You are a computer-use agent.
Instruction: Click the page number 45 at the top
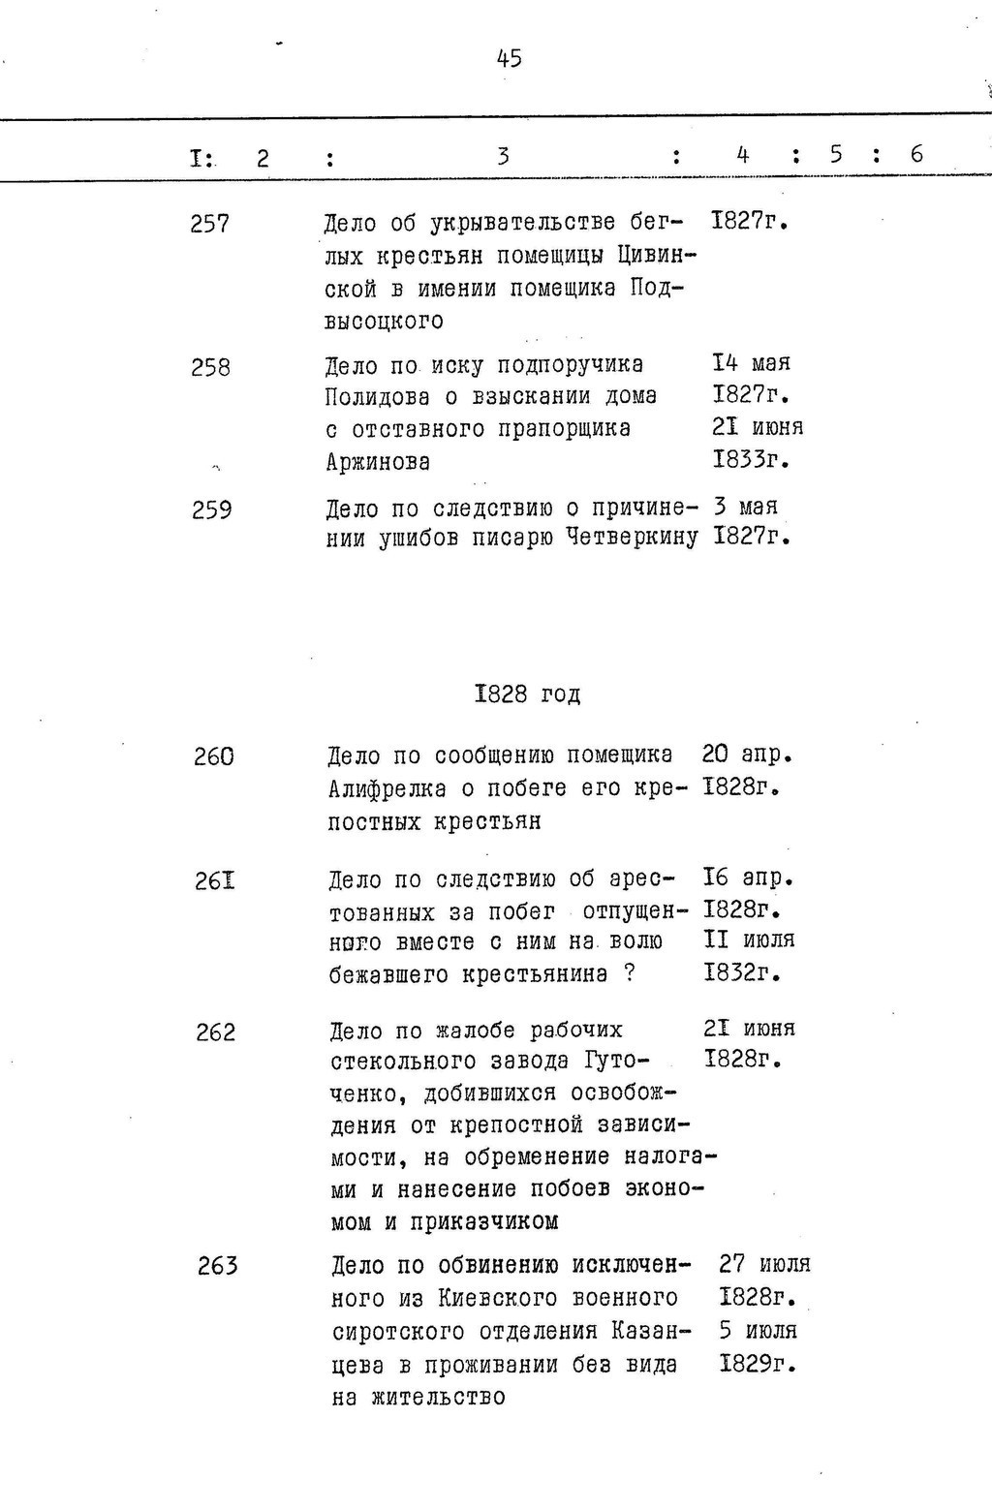(509, 58)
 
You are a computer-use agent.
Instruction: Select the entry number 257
(210, 225)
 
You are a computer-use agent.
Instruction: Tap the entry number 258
(210, 368)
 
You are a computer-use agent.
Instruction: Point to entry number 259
(212, 509)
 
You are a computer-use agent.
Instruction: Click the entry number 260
(213, 756)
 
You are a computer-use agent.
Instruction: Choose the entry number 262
(215, 1033)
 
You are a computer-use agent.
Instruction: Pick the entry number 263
(217, 1267)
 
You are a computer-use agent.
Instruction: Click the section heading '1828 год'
(528, 693)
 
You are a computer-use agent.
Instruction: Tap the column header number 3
(503, 156)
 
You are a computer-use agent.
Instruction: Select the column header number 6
(916, 154)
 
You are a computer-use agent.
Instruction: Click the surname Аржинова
(378, 462)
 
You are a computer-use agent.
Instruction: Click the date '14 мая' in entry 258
(751, 363)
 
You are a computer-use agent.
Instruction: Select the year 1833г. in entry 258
(751, 461)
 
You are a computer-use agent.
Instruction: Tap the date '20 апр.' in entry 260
(747, 754)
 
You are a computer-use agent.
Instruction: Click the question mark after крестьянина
(630, 973)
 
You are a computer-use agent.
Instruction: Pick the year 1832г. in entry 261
(742, 972)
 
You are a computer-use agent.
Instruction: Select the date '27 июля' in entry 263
(764, 1264)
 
